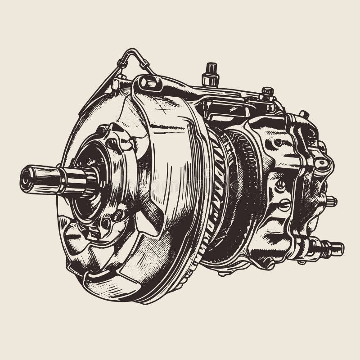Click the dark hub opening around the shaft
(90, 180)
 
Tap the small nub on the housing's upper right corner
(304, 114)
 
